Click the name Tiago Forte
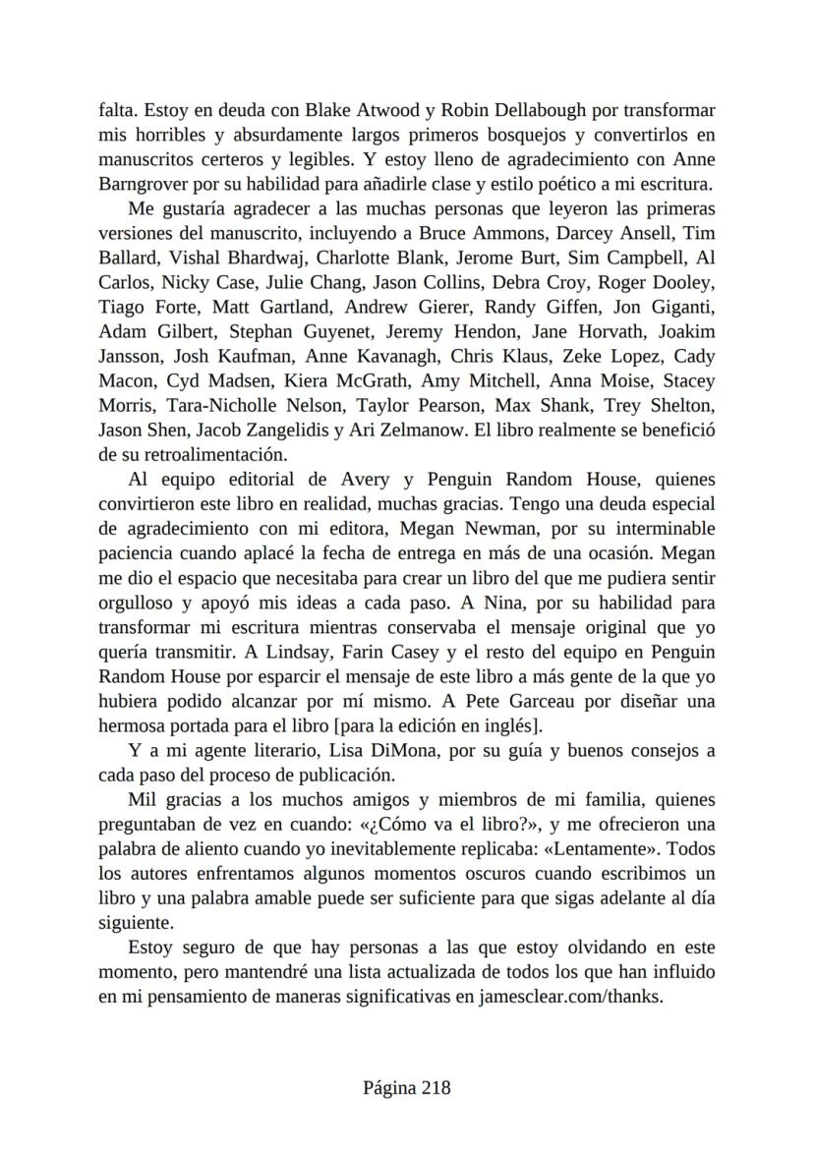tap(141, 307)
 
